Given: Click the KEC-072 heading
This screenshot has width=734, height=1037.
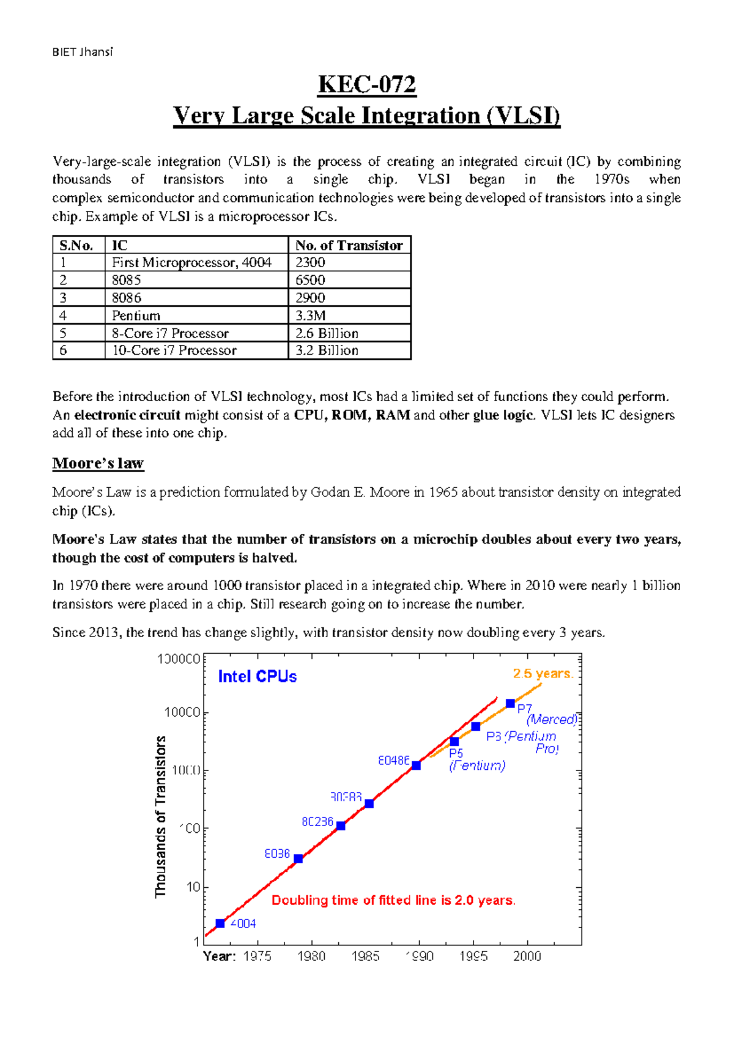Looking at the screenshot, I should tap(367, 84).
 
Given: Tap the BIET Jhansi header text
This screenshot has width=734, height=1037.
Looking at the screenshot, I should tap(83, 52).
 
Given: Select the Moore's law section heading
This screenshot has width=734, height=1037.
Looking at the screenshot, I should tap(98, 463).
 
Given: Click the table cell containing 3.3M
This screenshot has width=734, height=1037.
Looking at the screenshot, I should tap(349, 316).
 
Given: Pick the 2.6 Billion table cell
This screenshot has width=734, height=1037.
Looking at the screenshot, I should tap(349, 333).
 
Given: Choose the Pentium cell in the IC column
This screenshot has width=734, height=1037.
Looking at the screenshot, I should tap(196, 316).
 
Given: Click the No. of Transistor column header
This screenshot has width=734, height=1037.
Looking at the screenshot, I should tap(349, 245).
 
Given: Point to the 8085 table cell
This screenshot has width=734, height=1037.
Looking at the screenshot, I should tap(196, 280).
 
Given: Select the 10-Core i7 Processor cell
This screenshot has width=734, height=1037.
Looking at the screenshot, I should tap(196, 350).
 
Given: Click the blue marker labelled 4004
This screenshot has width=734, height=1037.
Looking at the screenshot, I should tap(220, 923).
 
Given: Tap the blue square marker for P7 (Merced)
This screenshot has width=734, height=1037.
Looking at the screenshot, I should tap(510, 704).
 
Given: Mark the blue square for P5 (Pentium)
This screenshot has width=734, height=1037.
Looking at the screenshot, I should tap(454, 742).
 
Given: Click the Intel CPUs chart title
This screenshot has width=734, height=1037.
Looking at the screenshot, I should tap(258, 676).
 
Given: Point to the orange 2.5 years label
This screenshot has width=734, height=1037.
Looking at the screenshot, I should tap(543, 674).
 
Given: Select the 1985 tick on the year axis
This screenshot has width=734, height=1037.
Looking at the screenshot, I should tap(365, 956).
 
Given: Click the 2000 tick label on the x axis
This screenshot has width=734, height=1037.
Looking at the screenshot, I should tap(527, 956).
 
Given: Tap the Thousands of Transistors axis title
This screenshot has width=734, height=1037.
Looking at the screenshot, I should tap(161, 817).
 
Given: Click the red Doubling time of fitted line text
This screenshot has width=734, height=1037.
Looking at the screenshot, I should tap(393, 900).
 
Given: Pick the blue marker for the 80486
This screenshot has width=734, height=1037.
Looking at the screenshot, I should tap(416, 766).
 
